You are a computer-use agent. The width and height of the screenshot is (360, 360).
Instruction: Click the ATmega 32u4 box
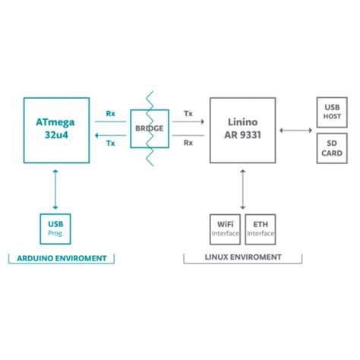tap(56, 130)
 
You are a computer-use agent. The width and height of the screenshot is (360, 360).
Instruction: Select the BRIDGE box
tap(150, 129)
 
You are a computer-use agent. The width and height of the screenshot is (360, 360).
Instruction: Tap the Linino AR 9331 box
tap(242, 130)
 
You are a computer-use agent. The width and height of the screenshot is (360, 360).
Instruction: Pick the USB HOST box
tap(331, 112)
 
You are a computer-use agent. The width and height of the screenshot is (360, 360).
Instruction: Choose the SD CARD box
tap(331, 147)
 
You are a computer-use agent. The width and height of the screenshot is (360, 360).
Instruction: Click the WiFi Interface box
tap(225, 229)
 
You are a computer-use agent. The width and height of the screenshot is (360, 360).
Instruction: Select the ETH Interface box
tap(261, 229)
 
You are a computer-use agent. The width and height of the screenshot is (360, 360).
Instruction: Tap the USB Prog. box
tap(55, 229)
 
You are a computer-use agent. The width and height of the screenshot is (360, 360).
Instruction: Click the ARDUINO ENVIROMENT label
tap(61, 258)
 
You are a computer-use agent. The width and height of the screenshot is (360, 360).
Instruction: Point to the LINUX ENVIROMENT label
tap(243, 258)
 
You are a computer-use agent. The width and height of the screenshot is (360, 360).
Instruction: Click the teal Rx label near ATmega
tap(111, 113)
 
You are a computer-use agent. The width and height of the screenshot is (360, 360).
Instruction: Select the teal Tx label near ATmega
tap(111, 144)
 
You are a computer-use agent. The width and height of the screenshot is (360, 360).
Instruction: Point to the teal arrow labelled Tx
tap(110, 135)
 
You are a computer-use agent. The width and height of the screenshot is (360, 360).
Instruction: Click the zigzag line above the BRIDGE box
tap(150, 100)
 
